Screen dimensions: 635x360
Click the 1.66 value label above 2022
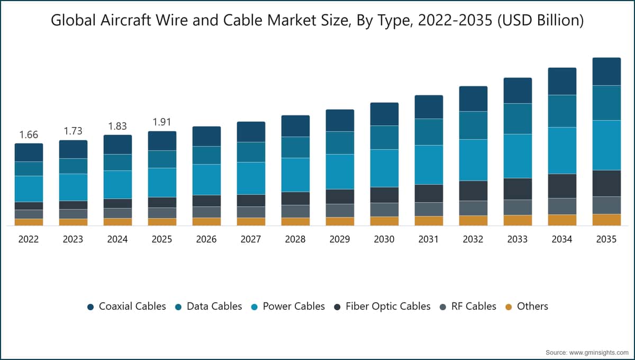(x=29, y=135)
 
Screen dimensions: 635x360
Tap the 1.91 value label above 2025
(x=162, y=122)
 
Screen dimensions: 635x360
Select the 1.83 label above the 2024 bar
(x=117, y=126)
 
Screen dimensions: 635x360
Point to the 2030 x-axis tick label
(x=384, y=239)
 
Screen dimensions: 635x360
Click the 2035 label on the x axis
(x=606, y=239)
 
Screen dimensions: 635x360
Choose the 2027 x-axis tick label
(x=251, y=239)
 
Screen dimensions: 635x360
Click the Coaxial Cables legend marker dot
(x=90, y=307)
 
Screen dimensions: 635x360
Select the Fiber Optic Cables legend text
(x=388, y=307)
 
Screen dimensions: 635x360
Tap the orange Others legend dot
(x=509, y=307)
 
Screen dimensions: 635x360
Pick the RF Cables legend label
(x=474, y=307)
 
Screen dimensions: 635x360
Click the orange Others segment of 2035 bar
(x=606, y=220)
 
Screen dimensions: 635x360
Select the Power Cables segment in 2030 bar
(x=384, y=168)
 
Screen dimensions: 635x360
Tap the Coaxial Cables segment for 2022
(x=29, y=152)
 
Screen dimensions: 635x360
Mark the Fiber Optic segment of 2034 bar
(x=562, y=186)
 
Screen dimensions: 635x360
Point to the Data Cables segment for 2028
(x=295, y=148)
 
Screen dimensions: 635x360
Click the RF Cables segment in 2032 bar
(x=474, y=209)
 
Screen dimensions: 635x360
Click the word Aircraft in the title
(x=125, y=21)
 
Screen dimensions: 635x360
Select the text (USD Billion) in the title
(x=541, y=21)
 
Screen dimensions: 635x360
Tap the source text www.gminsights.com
(x=598, y=353)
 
